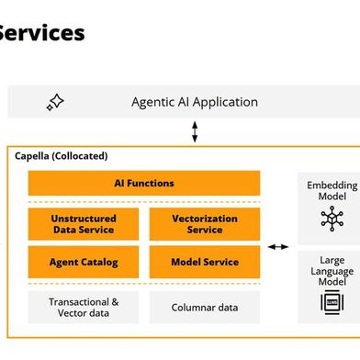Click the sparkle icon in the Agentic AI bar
click(55, 103)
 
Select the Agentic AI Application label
click(194, 103)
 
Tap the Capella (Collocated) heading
click(61, 156)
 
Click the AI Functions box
click(143, 183)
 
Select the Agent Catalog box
click(83, 262)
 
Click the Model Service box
click(205, 262)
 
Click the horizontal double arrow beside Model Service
click(277, 247)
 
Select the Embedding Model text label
click(332, 192)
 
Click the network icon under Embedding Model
click(331, 219)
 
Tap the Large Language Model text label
click(332, 271)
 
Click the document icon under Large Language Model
click(331, 303)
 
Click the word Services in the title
click(41, 33)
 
